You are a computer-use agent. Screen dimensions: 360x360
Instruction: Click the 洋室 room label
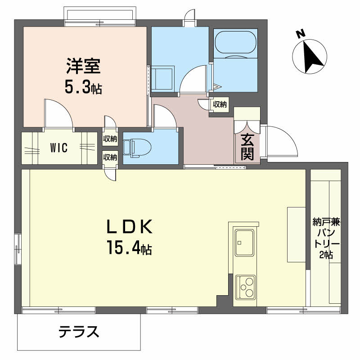(x=83, y=66)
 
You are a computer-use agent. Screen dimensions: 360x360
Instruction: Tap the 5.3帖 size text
(x=83, y=87)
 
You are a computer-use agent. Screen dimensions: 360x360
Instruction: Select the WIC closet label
(x=59, y=148)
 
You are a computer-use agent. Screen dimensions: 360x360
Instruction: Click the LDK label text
(x=130, y=226)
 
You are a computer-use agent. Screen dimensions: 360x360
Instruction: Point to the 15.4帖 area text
(x=129, y=247)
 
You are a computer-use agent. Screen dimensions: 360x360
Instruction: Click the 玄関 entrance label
(x=247, y=147)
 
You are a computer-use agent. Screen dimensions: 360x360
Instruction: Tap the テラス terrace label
(x=79, y=332)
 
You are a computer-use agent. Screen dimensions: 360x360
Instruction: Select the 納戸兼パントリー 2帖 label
(x=326, y=238)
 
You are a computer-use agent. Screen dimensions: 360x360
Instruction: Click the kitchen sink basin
(x=244, y=243)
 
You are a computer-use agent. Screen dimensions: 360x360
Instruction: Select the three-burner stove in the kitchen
(x=246, y=287)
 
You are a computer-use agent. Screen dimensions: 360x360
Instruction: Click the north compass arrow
(x=311, y=57)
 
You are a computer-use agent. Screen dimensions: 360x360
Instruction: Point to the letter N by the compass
(x=301, y=35)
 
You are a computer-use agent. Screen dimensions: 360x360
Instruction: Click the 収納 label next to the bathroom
(x=220, y=104)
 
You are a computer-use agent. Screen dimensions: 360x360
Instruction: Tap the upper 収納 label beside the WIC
(x=110, y=139)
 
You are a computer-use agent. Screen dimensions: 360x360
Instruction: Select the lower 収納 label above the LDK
(x=110, y=157)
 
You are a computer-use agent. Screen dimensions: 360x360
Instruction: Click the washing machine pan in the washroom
(x=162, y=79)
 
